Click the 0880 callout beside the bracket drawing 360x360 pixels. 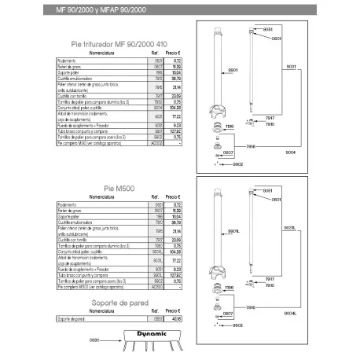pos(96,340)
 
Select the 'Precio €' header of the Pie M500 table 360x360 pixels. pos(174,197)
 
